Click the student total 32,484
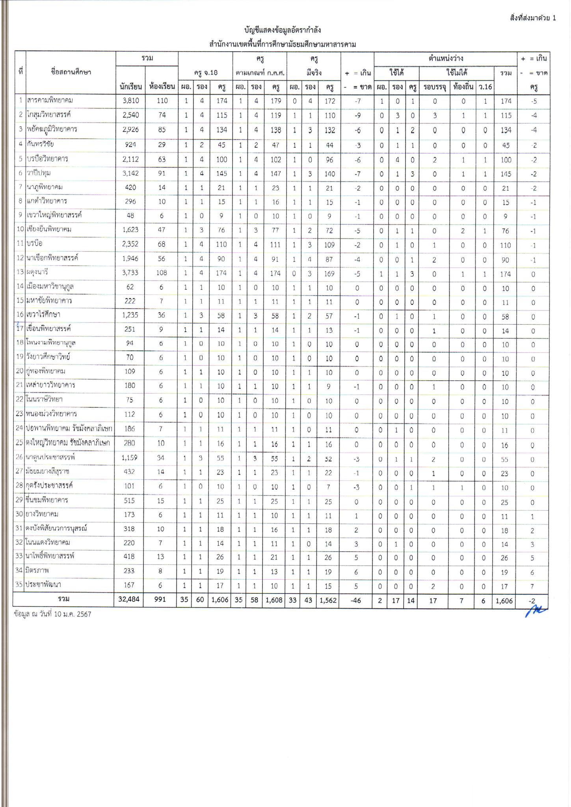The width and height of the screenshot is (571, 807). [129, 599]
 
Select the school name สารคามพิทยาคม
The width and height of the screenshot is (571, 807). [50, 100]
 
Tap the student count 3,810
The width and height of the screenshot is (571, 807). [129, 100]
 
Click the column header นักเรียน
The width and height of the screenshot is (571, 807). [130, 87]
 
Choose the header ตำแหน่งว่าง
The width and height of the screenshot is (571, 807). [446, 58]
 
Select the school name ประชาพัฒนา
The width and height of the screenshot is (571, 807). [44, 585]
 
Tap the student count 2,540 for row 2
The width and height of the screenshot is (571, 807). [129, 115]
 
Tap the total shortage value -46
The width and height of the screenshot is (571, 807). [357, 600]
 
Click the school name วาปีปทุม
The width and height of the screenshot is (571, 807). [39, 173]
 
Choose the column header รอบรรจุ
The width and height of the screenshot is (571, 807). [435, 87]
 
